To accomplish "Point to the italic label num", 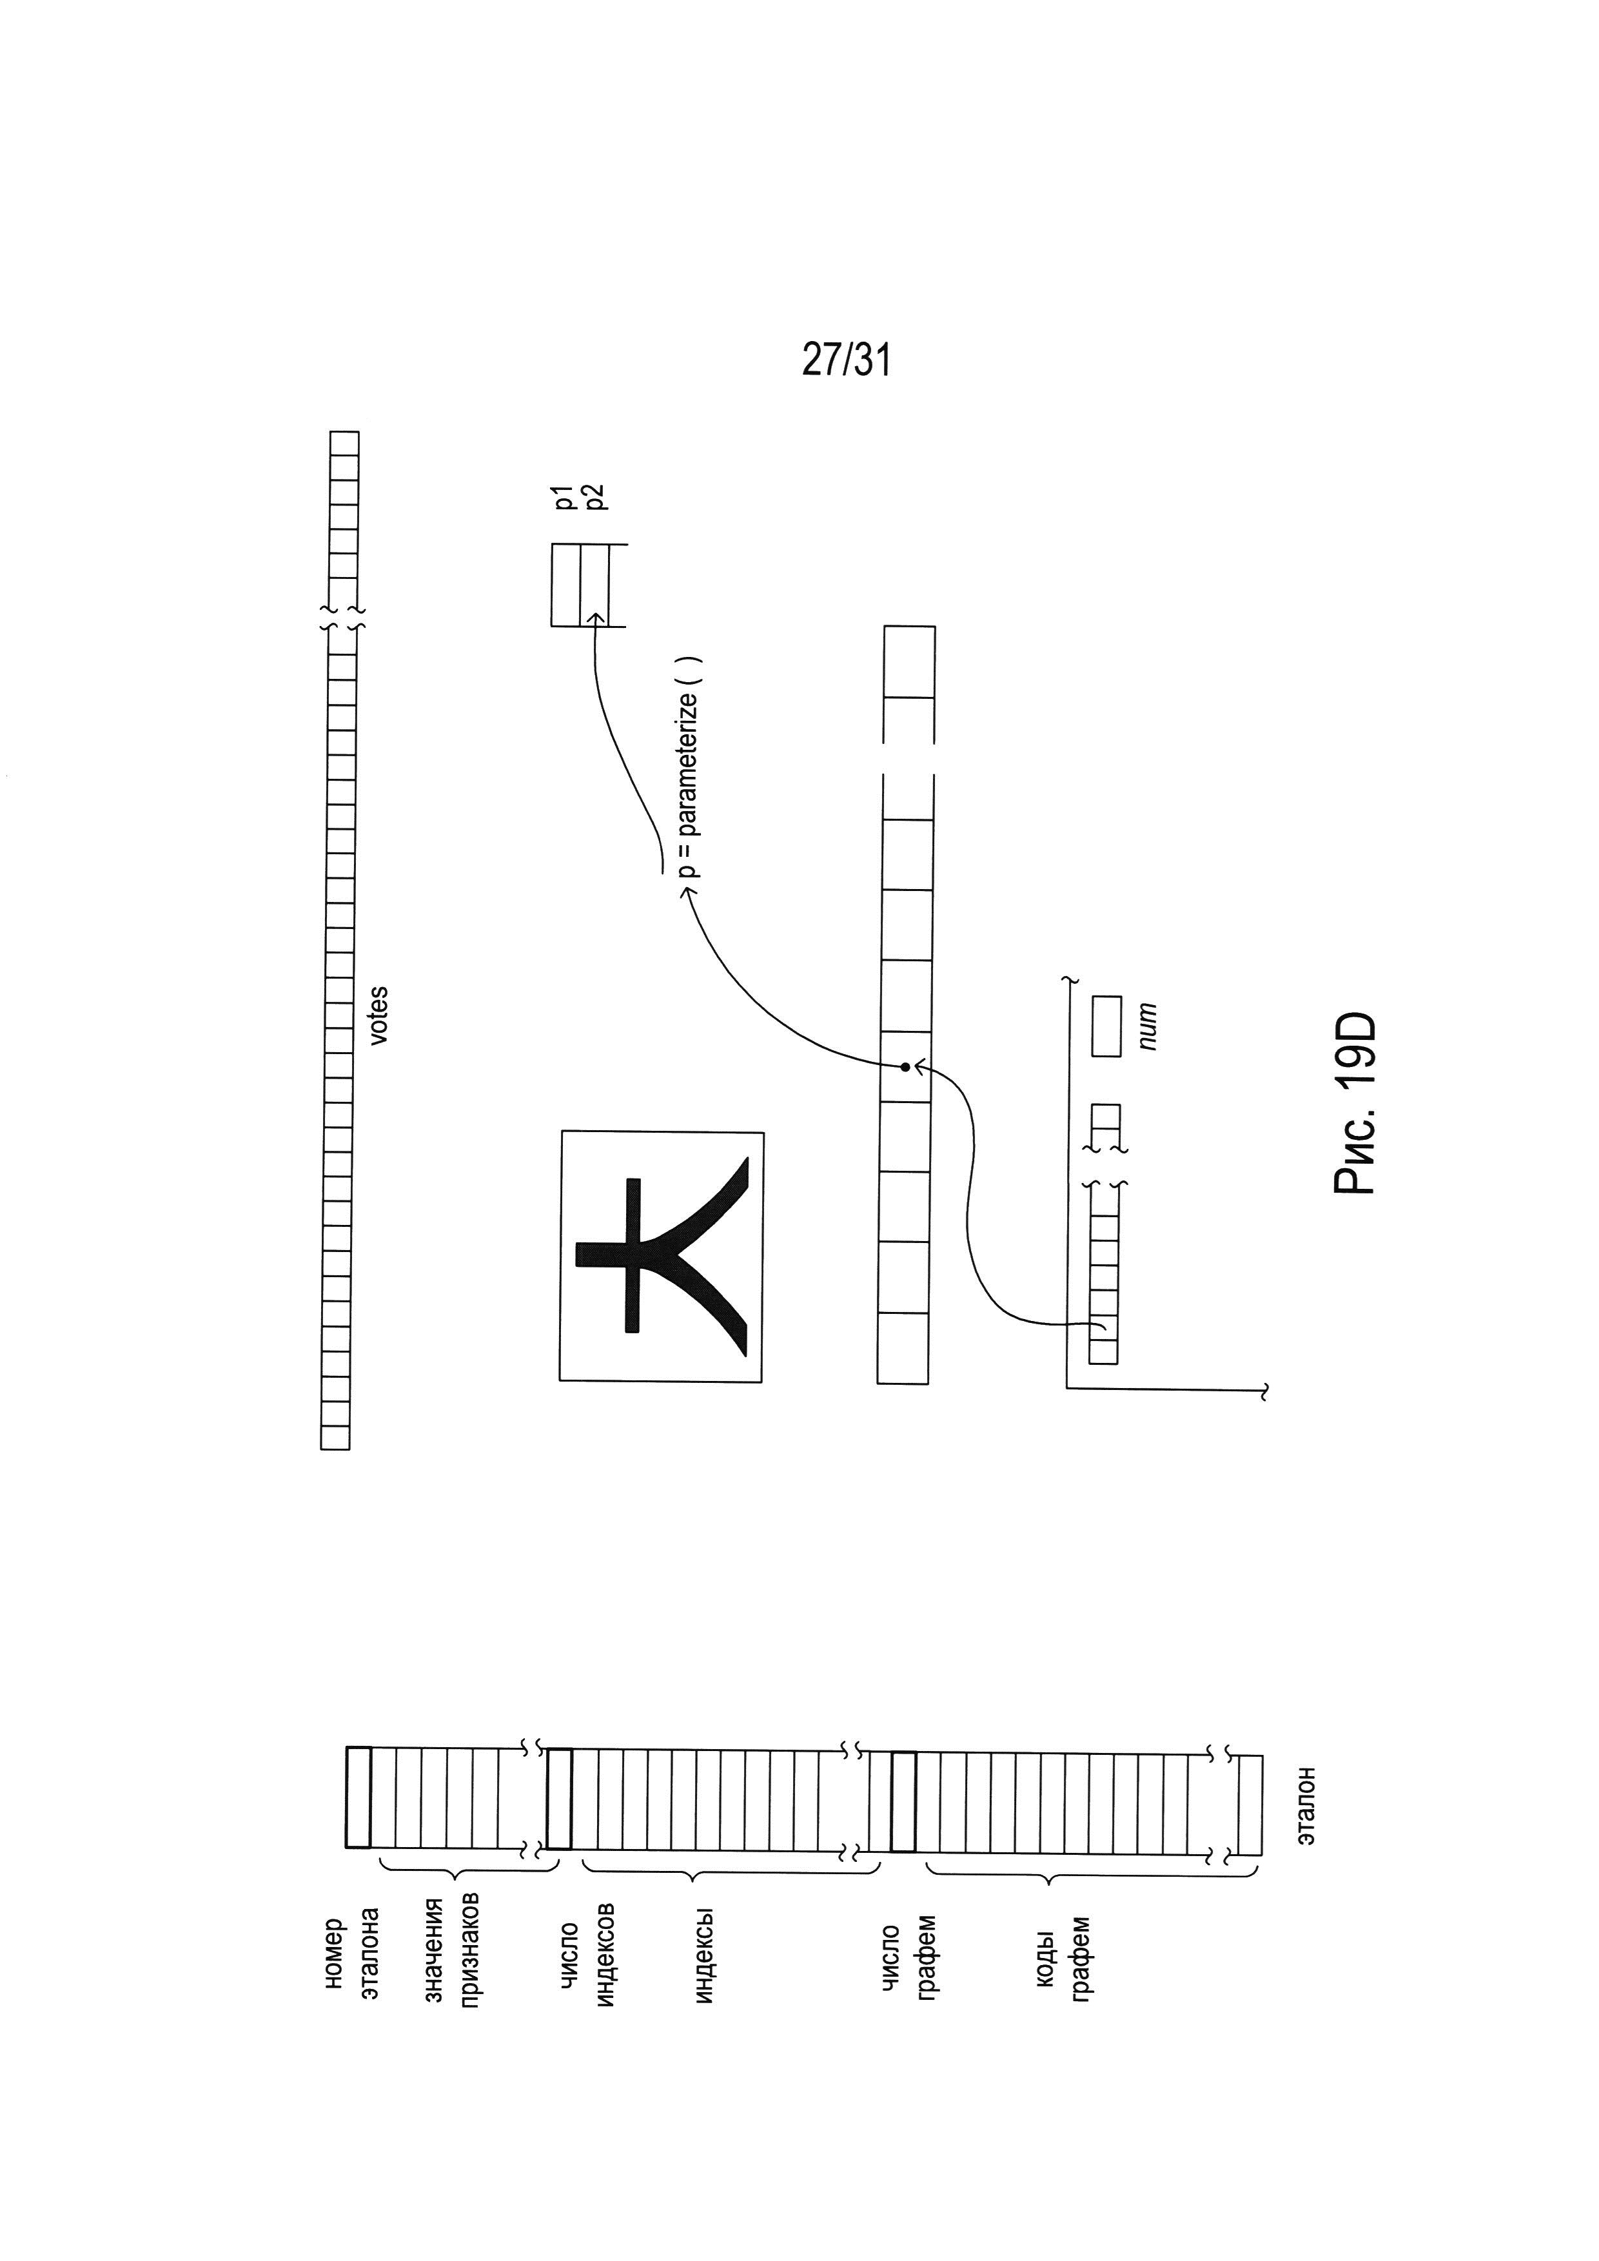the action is pos(1146,1027).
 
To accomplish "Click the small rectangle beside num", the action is pos(1106,1027).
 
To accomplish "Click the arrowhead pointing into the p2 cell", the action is pos(594,618).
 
